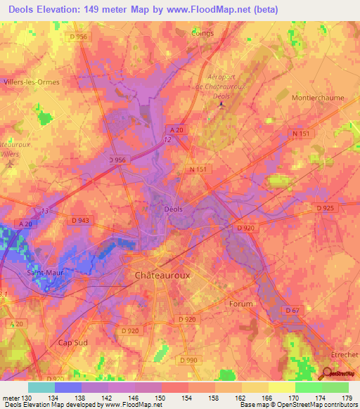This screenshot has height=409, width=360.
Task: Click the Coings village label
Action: coord(202,32)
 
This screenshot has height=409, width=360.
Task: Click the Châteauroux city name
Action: coord(162,276)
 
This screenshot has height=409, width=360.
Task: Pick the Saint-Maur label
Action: coord(45,273)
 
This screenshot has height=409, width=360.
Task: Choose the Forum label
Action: coord(240,304)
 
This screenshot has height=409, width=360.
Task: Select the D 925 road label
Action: coord(325,208)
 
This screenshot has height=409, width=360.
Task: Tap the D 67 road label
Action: coord(292,310)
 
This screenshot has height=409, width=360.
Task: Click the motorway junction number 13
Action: coord(46,210)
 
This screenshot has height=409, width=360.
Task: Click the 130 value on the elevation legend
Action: coord(25,397)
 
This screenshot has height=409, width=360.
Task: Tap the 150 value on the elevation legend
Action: coord(160,397)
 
